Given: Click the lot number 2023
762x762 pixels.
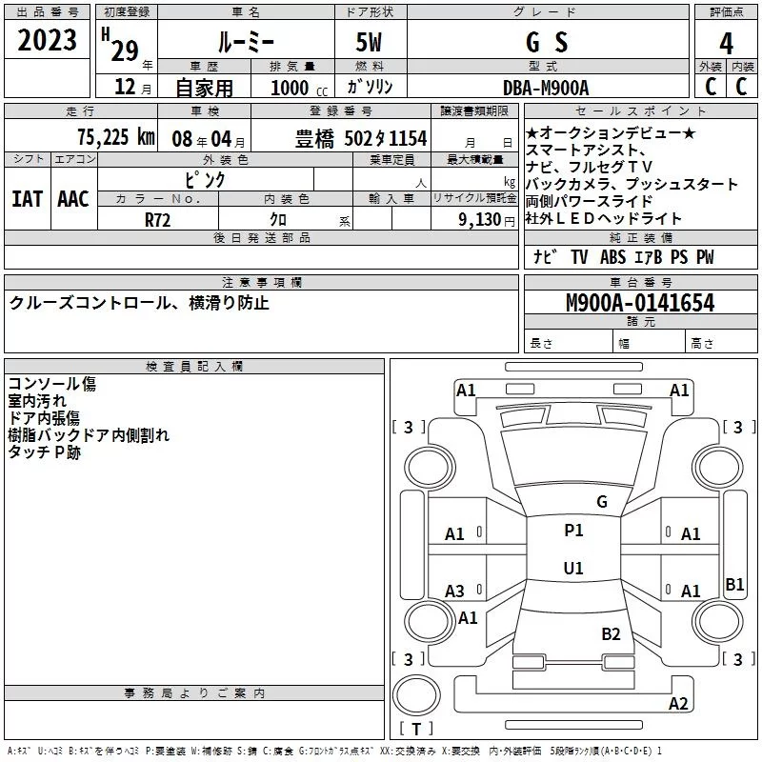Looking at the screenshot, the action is point(47,40).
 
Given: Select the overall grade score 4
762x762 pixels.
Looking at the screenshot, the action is point(726,44).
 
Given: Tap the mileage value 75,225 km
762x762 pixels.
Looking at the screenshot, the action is point(116,137).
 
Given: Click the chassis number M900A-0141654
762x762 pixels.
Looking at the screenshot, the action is point(640,303).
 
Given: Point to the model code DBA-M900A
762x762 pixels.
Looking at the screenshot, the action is point(546,88).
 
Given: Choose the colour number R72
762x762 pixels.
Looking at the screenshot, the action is point(157,220).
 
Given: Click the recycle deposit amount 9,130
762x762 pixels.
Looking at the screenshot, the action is point(480,220).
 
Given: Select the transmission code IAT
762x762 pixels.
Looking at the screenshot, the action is point(28,199).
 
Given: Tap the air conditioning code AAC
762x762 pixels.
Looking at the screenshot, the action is point(73,199).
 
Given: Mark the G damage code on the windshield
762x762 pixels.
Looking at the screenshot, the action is point(602,502).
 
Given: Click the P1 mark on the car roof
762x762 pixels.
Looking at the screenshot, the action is point(573,531).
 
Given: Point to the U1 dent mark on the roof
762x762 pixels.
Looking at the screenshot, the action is point(573,568).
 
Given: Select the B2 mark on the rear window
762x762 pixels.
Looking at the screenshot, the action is point(611,634).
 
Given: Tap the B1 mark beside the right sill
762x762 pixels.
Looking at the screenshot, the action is point(734,584).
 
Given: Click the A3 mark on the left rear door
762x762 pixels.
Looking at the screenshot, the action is point(455,592).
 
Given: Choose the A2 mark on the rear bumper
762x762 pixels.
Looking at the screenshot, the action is point(678,704).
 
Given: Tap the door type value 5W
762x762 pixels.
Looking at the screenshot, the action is point(369,42).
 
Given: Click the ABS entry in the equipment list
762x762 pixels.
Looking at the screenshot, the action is point(612,257).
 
